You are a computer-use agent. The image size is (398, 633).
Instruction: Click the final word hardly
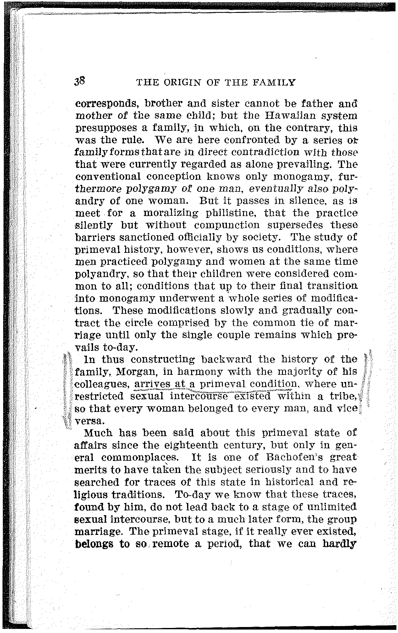click(x=339, y=544)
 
